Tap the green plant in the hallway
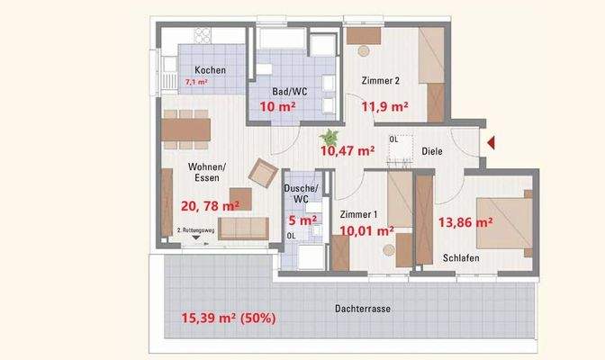[x=330, y=136]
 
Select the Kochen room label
[x=210, y=70]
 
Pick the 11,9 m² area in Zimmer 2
[x=384, y=106]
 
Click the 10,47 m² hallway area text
[x=348, y=151]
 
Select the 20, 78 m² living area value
[x=210, y=205]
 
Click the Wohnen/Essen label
[x=208, y=173]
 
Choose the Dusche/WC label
[x=297, y=192]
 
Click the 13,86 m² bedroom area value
[x=465, y=220]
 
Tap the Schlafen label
[x=460, y=258]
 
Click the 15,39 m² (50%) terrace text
[x=228, y=319]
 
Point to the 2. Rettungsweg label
[x=196, y=231]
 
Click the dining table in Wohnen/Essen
[x=186, y=129]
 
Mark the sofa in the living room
[x=243, y=228]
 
